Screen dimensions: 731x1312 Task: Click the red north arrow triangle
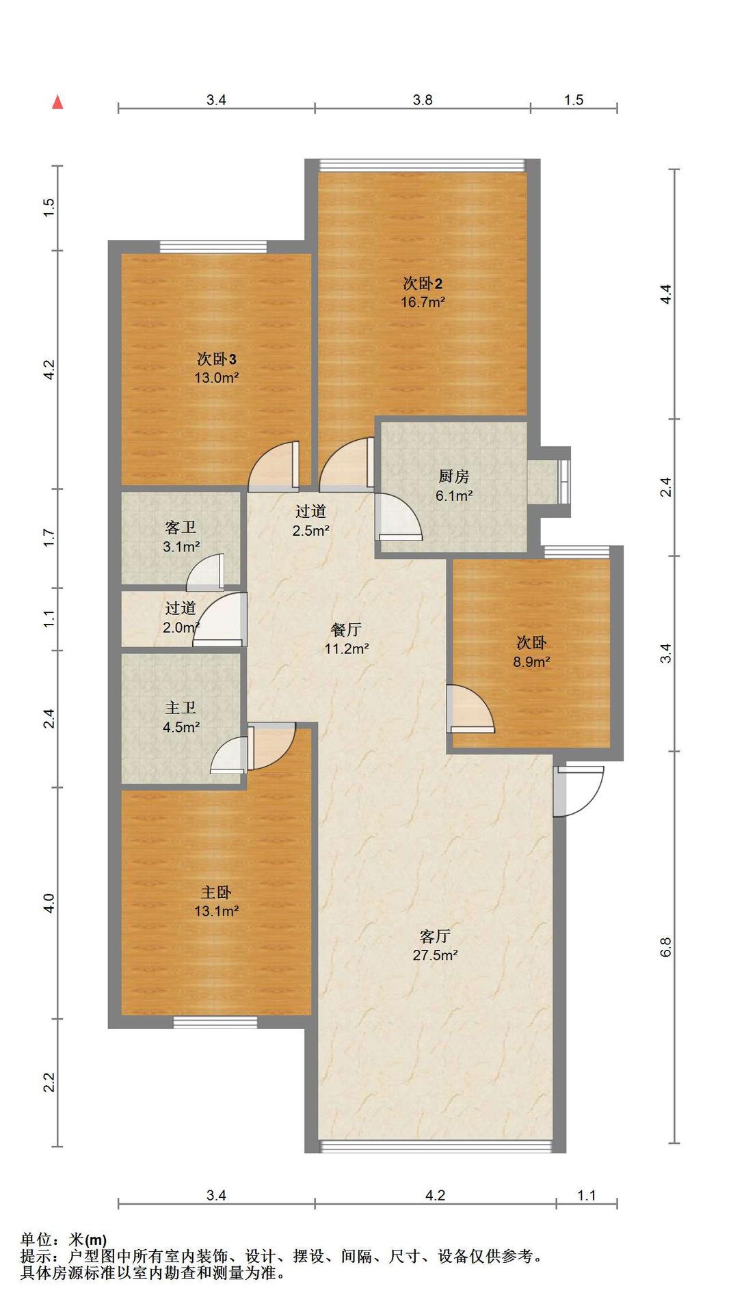pos(58,102)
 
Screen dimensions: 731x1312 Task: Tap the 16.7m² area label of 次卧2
pos(423,302)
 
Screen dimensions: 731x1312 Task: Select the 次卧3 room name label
pos(217,359)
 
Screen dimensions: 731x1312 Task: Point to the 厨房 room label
pos(453,477)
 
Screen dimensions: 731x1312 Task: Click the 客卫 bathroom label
pos(181,528)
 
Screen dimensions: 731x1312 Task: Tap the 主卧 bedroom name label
pos(216,892)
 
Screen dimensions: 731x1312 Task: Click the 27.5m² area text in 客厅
pos(435,955)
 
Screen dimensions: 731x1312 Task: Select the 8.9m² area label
pos(531,661)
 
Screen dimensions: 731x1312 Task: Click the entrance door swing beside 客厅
pos(578,791)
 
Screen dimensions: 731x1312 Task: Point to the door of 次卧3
pos(274,466)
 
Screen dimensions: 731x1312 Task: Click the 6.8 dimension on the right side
pos(666,946)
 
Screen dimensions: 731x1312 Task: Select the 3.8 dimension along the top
pos(423,100)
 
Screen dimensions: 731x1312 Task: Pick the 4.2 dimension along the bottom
pos(435,1195)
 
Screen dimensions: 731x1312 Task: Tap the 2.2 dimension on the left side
pos(49,1082)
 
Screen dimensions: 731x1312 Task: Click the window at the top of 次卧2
pos(423,165)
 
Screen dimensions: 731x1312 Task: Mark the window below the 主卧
pos(215,1022)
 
